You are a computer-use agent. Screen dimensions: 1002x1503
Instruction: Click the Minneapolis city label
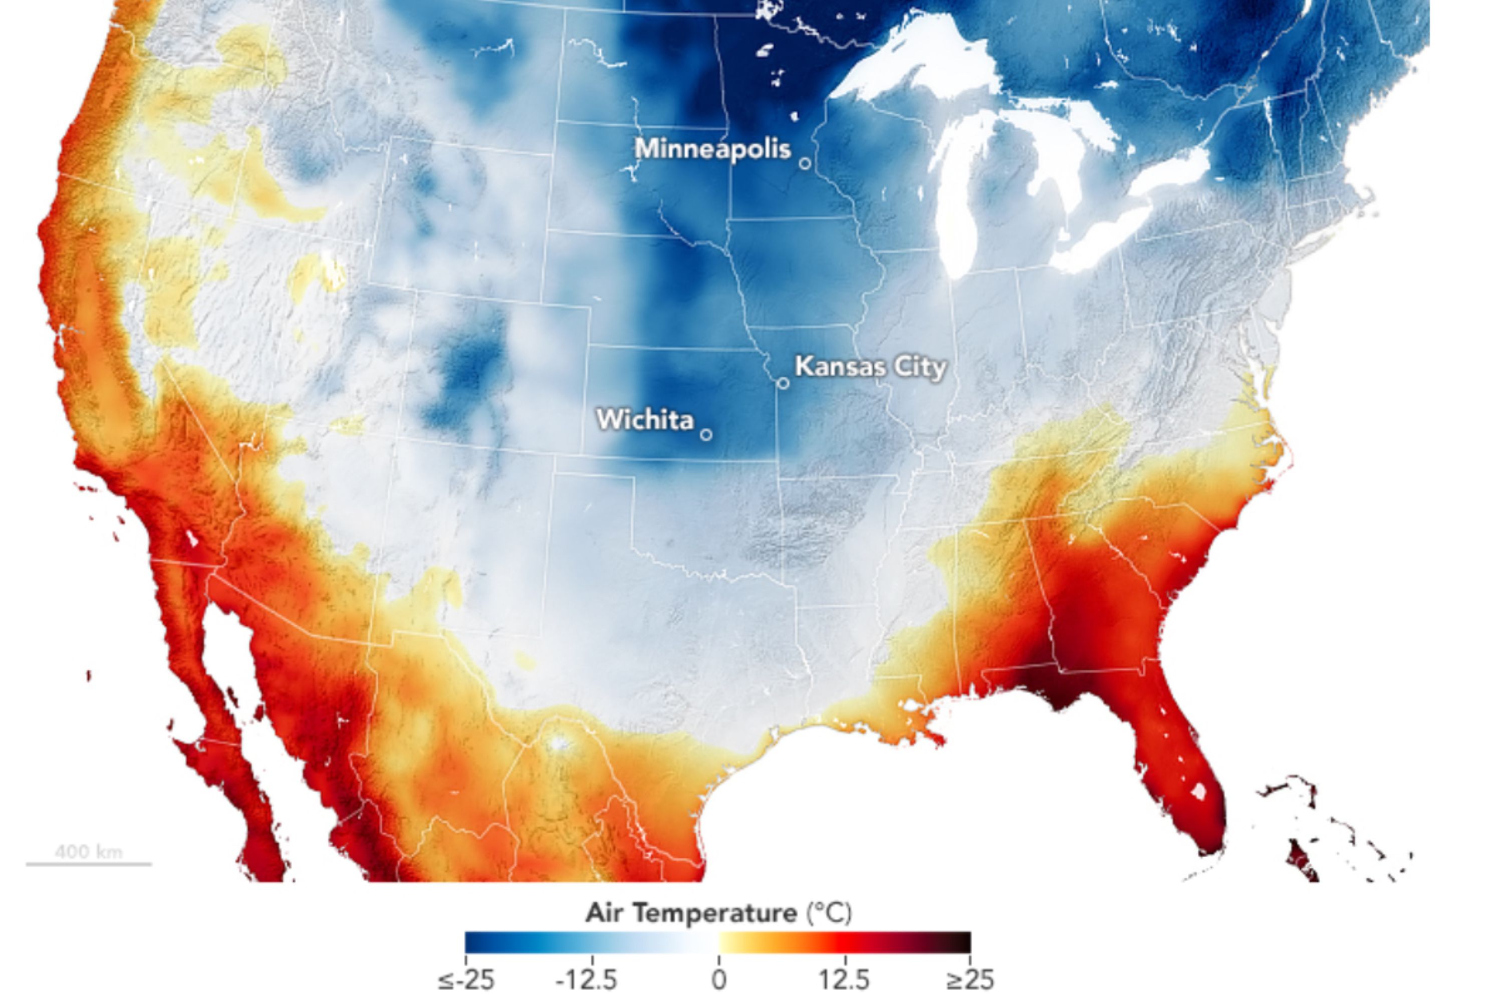(712, 149)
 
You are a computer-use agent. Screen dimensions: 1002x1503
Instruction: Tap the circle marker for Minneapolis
(805, 164)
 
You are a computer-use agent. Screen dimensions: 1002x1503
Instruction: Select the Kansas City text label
(870, 367)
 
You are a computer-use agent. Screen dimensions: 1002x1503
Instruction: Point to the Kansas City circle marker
(783, 383)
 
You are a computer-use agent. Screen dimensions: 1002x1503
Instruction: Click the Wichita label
(645, 420)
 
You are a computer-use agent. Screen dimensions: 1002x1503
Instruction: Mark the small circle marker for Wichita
(706, 434)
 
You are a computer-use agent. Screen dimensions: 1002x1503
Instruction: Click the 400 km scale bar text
(88, 852)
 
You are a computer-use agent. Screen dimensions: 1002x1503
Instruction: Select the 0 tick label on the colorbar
(719, 979)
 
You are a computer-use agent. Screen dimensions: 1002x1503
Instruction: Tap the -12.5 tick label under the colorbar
(586, 979)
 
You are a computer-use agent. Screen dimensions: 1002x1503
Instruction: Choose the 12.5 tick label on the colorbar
(845, 979)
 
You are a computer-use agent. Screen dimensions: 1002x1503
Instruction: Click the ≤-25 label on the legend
(466, 979)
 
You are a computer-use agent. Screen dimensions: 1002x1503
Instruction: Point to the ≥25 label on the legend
(969, 979)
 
